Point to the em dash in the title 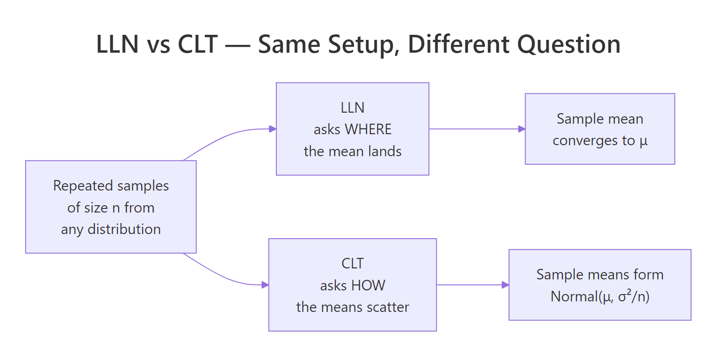click(x=238, y=45)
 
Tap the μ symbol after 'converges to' click(x=643, y=141)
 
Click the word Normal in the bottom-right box click(x=575, y=296)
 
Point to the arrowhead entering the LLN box click(x=273, y=129)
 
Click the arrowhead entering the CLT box click(x=265, y=285)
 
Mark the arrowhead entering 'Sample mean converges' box click(x=521, y=129)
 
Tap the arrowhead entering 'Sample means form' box click(x=505, y=285)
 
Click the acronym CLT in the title click(x=197, y=44)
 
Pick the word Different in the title click(x=459, y=44)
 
